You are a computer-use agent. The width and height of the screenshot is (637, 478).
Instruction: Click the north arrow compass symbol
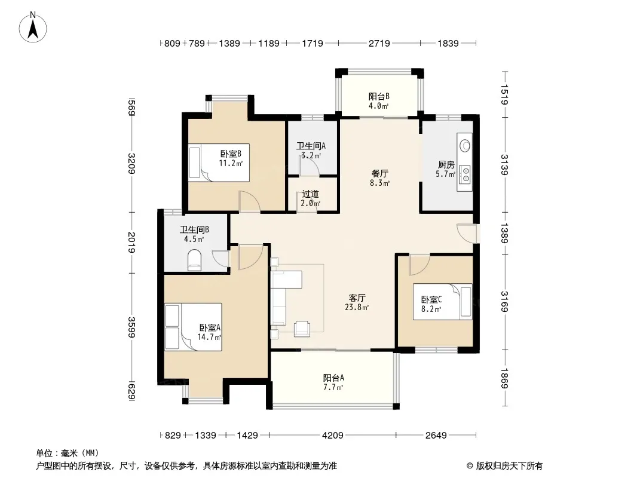(x=33, y=27)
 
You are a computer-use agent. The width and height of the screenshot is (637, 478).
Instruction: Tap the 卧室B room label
(x=231, y=154)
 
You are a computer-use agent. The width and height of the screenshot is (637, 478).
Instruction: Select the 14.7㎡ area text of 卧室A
(x=209, y=336)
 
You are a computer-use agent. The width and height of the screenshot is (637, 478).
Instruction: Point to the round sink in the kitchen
(x=465, y=145)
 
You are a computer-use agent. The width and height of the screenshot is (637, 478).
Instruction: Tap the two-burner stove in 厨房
(x=465, y=174)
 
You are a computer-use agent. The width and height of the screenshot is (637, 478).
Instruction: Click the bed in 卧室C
(x=443, y=301)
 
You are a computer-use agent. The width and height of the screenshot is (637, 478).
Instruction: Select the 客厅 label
(x=357, y=298)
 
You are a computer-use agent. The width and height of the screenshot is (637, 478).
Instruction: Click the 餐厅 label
(x=379, y=173)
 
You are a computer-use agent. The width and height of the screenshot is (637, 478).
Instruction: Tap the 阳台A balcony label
(x=333, y=378)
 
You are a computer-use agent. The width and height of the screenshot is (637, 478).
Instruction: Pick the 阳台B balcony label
(x=379, y=96)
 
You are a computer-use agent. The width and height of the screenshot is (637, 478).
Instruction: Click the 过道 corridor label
(x=310, y=194)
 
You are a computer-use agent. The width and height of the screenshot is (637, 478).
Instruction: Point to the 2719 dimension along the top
(x=379, y=43)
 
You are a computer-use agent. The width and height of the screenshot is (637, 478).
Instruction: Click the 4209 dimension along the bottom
(x=332, y=436)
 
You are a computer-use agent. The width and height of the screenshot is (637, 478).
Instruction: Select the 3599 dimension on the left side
(x=131, y=327)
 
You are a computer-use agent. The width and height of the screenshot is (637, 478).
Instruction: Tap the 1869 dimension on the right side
(x=504, y=378)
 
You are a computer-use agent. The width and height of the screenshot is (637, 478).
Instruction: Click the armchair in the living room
(x=302, y=328)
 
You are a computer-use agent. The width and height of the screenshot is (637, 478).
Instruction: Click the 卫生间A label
(x=311, y=146)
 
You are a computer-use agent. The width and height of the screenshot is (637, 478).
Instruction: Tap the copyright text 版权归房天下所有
(x=509, y=466)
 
